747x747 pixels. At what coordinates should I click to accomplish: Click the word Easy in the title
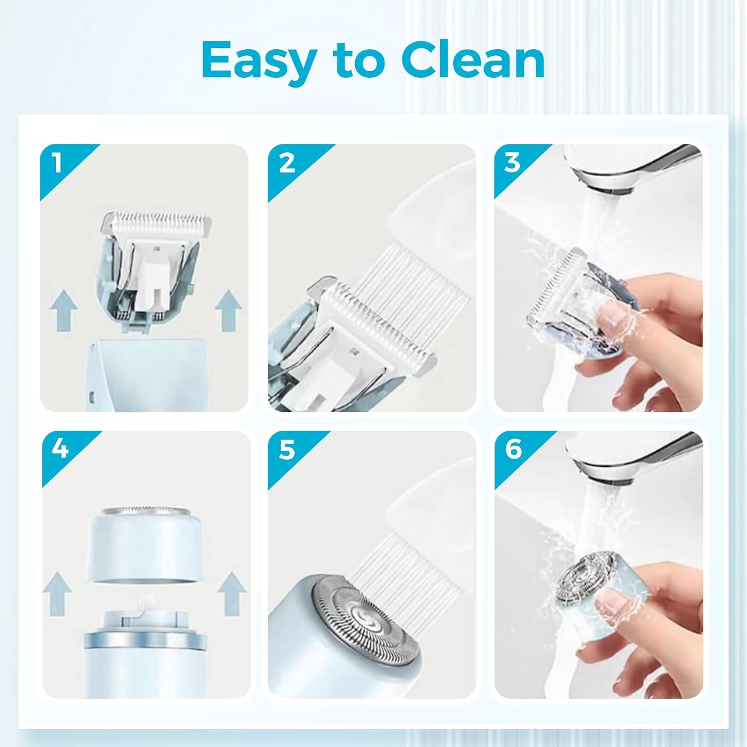259,61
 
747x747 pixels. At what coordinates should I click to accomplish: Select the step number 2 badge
286,163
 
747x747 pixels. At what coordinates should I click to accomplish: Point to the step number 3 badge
512,163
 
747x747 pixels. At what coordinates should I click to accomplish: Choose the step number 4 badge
60,449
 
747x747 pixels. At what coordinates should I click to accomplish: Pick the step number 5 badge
286,449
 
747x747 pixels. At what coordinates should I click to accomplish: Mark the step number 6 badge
513,449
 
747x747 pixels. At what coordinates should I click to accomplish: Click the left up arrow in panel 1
64,311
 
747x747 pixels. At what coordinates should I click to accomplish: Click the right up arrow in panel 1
229,311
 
